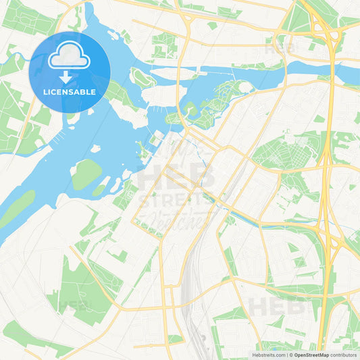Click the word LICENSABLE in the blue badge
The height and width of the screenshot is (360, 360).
tap(70, 92)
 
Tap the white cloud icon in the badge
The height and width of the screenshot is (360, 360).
tap(69, 58)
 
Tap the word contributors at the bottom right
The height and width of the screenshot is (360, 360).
tap(344, 355)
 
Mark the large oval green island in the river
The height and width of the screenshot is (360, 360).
tap(86, 174)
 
